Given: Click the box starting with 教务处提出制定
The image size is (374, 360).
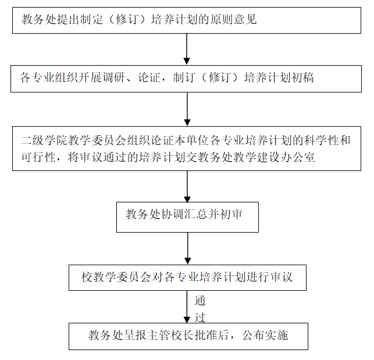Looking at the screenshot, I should point(186,20).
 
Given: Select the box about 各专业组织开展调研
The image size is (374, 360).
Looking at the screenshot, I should point(186,77).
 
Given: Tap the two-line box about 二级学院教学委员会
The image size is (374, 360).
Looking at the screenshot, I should point(186,148).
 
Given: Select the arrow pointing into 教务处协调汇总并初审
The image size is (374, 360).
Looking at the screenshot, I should point(187,186).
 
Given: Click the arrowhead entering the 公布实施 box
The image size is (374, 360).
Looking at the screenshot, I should point(187,318).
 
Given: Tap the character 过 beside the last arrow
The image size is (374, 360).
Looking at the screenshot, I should point(200,317).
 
